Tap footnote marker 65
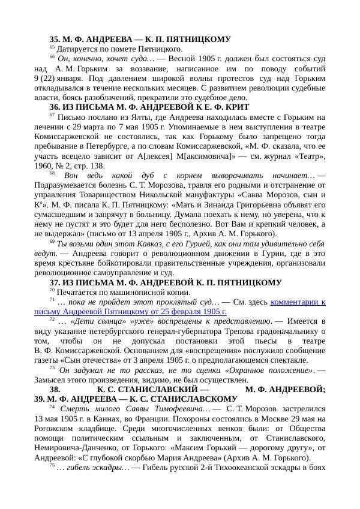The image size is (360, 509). (x=52, y=47)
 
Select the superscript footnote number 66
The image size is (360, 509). (x=52, y=57)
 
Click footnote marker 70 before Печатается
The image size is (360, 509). (x=52, y=291)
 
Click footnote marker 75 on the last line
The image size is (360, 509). (x=52, y=465)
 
